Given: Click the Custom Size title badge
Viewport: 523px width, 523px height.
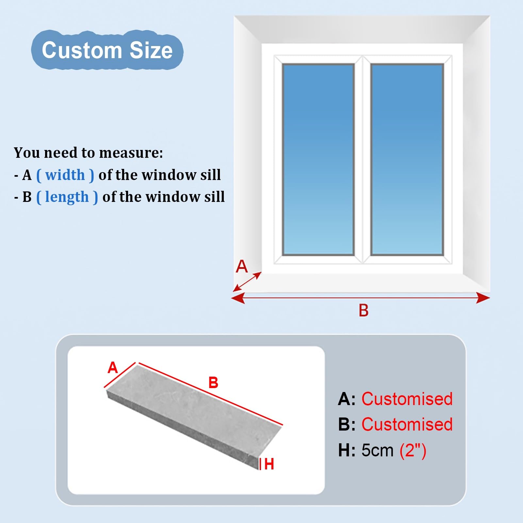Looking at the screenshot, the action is [x=107, y=50].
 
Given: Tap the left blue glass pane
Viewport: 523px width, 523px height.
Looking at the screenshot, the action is [x=319, y=159].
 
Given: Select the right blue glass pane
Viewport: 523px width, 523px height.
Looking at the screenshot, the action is [x=407, y=159].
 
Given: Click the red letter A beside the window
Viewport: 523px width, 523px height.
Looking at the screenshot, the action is [x=242, y=266].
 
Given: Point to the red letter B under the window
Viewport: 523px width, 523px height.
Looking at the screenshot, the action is [x=364, y=310].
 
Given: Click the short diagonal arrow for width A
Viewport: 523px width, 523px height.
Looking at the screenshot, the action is [x=247, y=282].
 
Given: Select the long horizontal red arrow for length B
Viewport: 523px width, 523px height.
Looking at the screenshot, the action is [x=360, y=298].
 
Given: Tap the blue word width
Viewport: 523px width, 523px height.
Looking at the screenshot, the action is [x=65, y=175].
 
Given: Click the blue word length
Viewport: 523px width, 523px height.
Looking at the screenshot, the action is [x=67, y=197].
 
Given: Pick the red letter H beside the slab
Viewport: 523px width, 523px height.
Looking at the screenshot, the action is [x=269, y=464].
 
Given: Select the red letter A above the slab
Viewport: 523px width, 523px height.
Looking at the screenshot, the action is [x=113, y=368].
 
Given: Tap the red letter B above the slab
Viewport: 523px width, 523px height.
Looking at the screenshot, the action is [x=213, y=383].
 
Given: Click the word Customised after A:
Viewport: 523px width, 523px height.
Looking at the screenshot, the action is [x=407, y=399].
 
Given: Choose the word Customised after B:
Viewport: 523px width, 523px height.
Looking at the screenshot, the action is [x=407, y=424].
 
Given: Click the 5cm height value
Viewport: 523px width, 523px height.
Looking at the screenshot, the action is [x=378, y=450].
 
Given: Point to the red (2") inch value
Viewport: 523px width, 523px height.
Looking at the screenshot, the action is [x=413, y=451].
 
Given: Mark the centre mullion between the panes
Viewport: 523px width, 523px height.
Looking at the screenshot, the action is [x=363, y=159].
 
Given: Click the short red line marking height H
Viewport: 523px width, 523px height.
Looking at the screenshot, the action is [x=260, y=464].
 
